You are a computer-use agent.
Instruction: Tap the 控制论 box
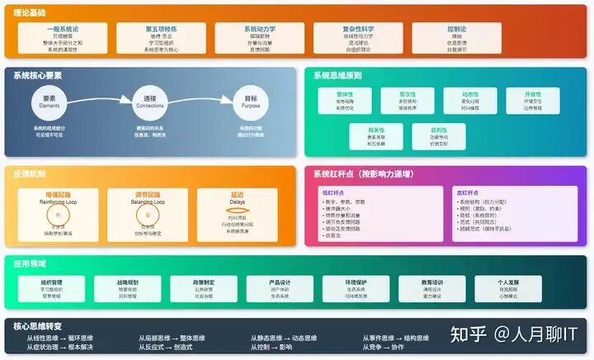tap(457, 37)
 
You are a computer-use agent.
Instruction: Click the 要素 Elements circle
tap(49, 103)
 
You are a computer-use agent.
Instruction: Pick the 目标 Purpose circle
tap(251, 103)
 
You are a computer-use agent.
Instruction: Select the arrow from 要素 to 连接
tap(97, 102)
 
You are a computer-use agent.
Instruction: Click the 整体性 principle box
tap(345, 100)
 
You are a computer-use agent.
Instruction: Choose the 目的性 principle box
tap(437, 135)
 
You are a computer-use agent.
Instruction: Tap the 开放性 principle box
tap(532, 100)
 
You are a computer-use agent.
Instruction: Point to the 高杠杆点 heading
tap(471, 192)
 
